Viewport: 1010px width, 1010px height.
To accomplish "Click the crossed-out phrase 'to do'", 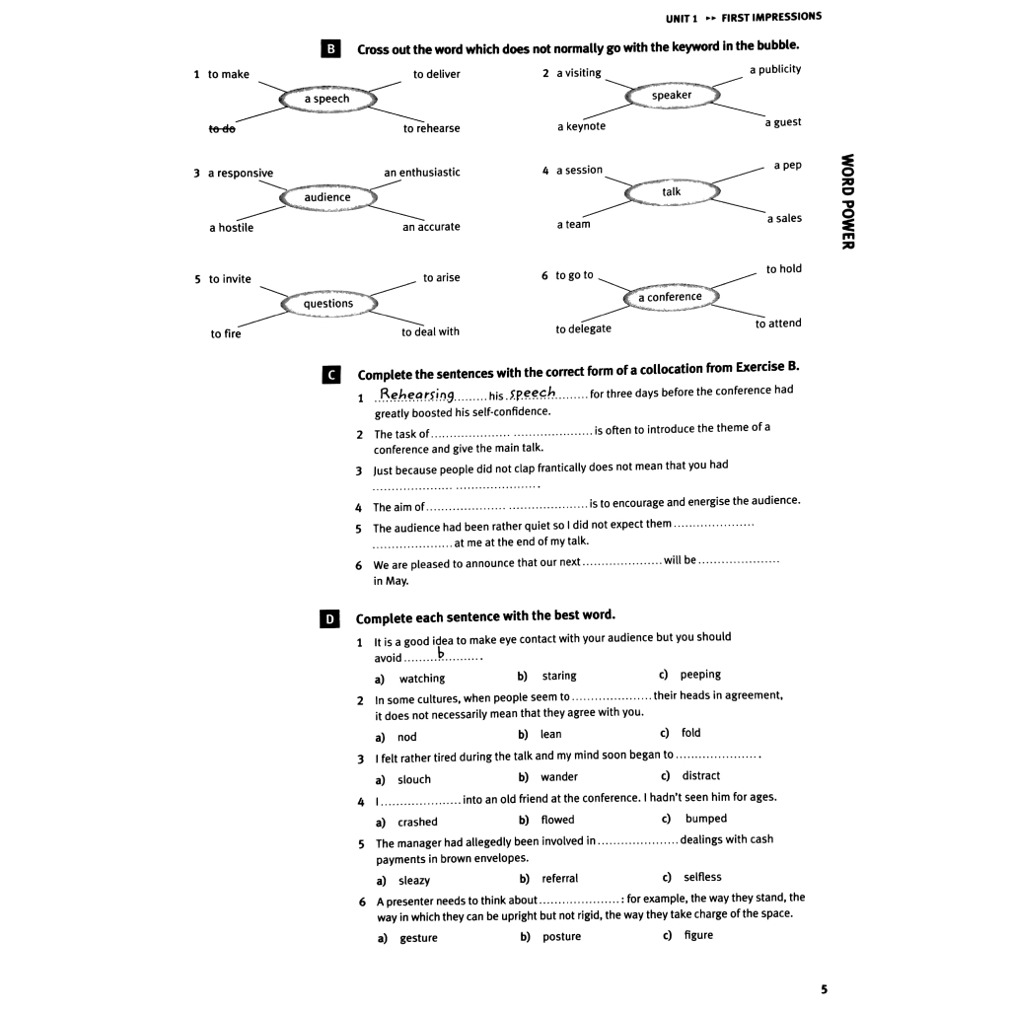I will (222, 128).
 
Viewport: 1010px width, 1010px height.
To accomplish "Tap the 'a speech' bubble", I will (326, 99).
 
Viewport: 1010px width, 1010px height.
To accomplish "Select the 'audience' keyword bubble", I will (327, 197).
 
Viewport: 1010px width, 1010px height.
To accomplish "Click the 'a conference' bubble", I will (670, 297).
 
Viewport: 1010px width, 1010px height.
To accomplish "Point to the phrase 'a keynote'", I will (582, 126).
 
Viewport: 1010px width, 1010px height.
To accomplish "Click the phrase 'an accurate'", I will (431, 227).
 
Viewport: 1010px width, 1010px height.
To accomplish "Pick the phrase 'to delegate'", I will (583, 328).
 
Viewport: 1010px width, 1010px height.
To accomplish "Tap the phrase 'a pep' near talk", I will (787, 165).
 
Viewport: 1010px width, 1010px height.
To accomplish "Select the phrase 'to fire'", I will (225, 333).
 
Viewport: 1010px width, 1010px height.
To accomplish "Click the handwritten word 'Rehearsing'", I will (416, 395).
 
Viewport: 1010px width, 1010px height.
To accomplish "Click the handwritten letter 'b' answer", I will (442, 653).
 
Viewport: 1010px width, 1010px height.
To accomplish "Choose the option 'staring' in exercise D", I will (559, 676).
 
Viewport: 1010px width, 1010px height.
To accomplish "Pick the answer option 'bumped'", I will (706, 819).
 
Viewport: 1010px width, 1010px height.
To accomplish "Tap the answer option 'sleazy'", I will (414, 880).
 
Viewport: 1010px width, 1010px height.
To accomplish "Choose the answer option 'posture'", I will (561, 937).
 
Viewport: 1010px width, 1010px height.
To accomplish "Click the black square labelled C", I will (331, 375).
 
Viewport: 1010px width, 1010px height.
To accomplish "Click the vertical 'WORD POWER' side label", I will (846, 202).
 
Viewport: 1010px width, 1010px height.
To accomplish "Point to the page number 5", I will (824, 988).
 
